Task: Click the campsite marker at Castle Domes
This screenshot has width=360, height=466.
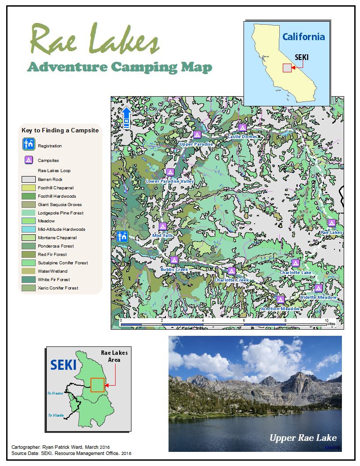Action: [242, 127]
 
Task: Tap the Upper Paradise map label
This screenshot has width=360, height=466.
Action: [196, 144]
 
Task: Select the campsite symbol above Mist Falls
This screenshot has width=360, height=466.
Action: [162, 226]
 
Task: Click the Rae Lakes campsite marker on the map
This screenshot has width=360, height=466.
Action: [332, 223]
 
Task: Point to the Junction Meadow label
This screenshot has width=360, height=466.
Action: [281, 309]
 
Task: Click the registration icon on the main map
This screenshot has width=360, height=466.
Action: [122, 236]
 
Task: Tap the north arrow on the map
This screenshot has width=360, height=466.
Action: [126, 117]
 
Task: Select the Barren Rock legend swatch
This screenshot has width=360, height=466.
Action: [28, 180]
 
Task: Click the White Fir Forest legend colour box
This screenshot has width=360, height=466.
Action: [28, 279]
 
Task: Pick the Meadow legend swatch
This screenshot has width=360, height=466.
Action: [28, 221]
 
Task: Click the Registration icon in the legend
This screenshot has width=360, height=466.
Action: [29, 144]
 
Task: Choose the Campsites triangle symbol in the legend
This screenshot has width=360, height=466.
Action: [29, 160]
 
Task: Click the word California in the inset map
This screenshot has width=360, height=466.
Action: [304, 37]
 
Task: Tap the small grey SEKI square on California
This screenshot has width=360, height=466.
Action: [287, 68]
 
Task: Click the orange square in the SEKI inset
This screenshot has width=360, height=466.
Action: [97, 385]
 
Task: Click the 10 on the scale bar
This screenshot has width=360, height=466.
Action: [326, 320]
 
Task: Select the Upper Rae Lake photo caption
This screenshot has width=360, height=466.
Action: [303, 438]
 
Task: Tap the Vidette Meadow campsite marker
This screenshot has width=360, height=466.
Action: [319, 288]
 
